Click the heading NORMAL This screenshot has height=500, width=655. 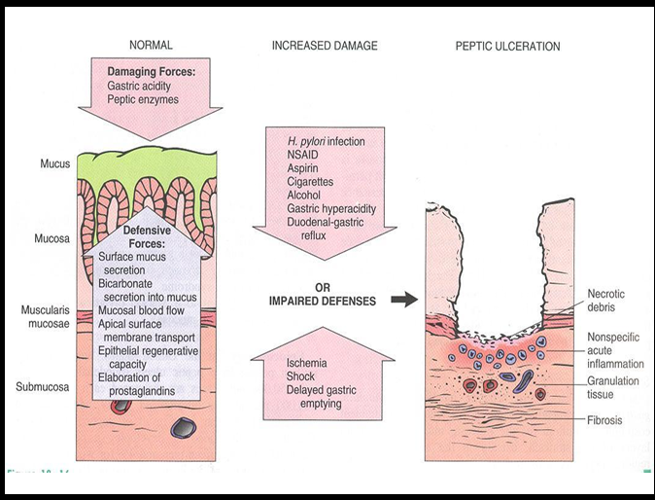click(x=150, y=46)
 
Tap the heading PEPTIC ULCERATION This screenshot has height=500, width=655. click(x=507, y=46)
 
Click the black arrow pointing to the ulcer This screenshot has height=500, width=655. click(x=403, y=300)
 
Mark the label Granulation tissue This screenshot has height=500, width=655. click(x=613, y=387)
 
